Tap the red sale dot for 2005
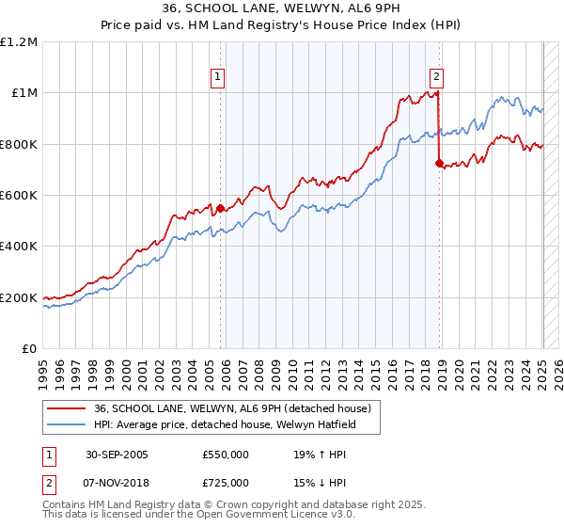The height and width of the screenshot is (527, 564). [221, 208]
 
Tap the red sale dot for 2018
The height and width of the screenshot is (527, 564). [439, 163]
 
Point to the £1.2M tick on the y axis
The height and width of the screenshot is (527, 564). [19, 41]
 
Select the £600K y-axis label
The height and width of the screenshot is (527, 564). [19, 195]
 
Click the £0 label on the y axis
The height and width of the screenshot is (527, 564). [28, 348]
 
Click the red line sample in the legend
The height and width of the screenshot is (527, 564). [65, 408]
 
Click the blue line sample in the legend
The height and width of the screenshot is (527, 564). [65, 424]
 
